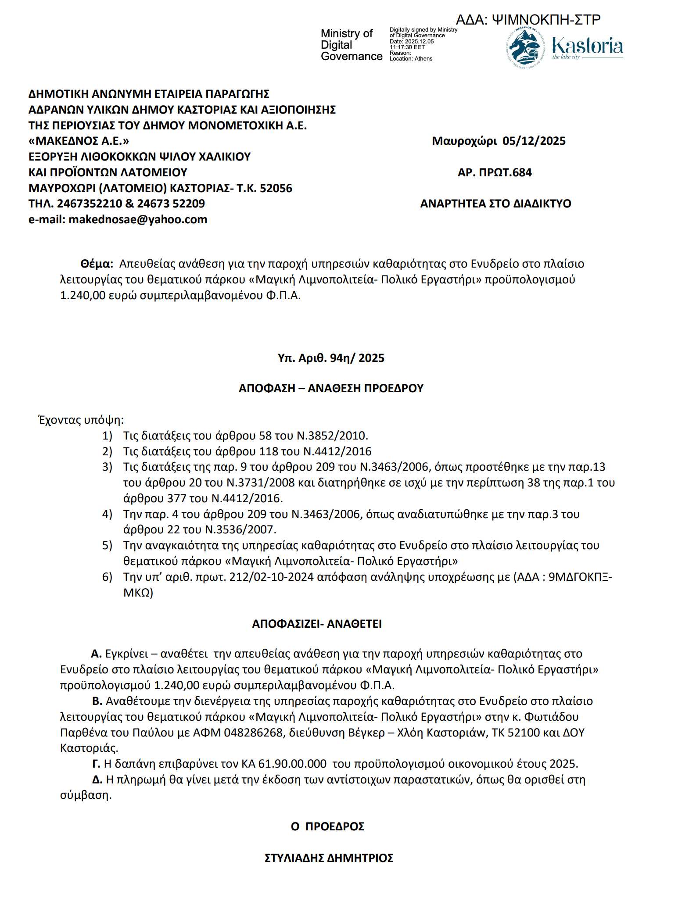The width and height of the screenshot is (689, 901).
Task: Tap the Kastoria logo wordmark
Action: pyautogui.click(x=587, y=46)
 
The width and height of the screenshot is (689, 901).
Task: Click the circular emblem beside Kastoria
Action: pyautogui.click(x=525, y=47)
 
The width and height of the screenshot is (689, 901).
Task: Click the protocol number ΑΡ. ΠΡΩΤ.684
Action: pyautogui.click(x=495, y=172)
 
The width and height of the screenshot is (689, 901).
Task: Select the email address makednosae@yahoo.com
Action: pyautogui.click(x=138, y=219)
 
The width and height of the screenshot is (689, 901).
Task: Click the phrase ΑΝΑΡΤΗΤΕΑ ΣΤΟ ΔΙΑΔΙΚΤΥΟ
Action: pyautogui.click(x=495, y=204)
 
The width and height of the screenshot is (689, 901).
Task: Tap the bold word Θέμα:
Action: pyautogui.click(x=97, y=264)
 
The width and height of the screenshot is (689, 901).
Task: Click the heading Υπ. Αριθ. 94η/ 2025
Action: pyautogui.click(x=331, y=358)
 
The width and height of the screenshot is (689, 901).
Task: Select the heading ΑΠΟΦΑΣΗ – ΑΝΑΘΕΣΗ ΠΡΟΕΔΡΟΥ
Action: pyautogui.click(x=331, y=388)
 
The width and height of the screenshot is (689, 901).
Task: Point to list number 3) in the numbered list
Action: pyautogui.click(x=107, y=467)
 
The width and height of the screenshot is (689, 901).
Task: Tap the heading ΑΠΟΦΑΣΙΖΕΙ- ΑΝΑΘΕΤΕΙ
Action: pyautogui.click(x=317, y=624)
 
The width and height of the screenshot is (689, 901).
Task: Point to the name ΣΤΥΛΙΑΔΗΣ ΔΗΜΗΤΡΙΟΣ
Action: pyautogui.click(x=329, y=858)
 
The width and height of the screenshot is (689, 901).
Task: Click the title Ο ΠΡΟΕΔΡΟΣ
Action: pyautogui.click(x=327, y=826)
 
